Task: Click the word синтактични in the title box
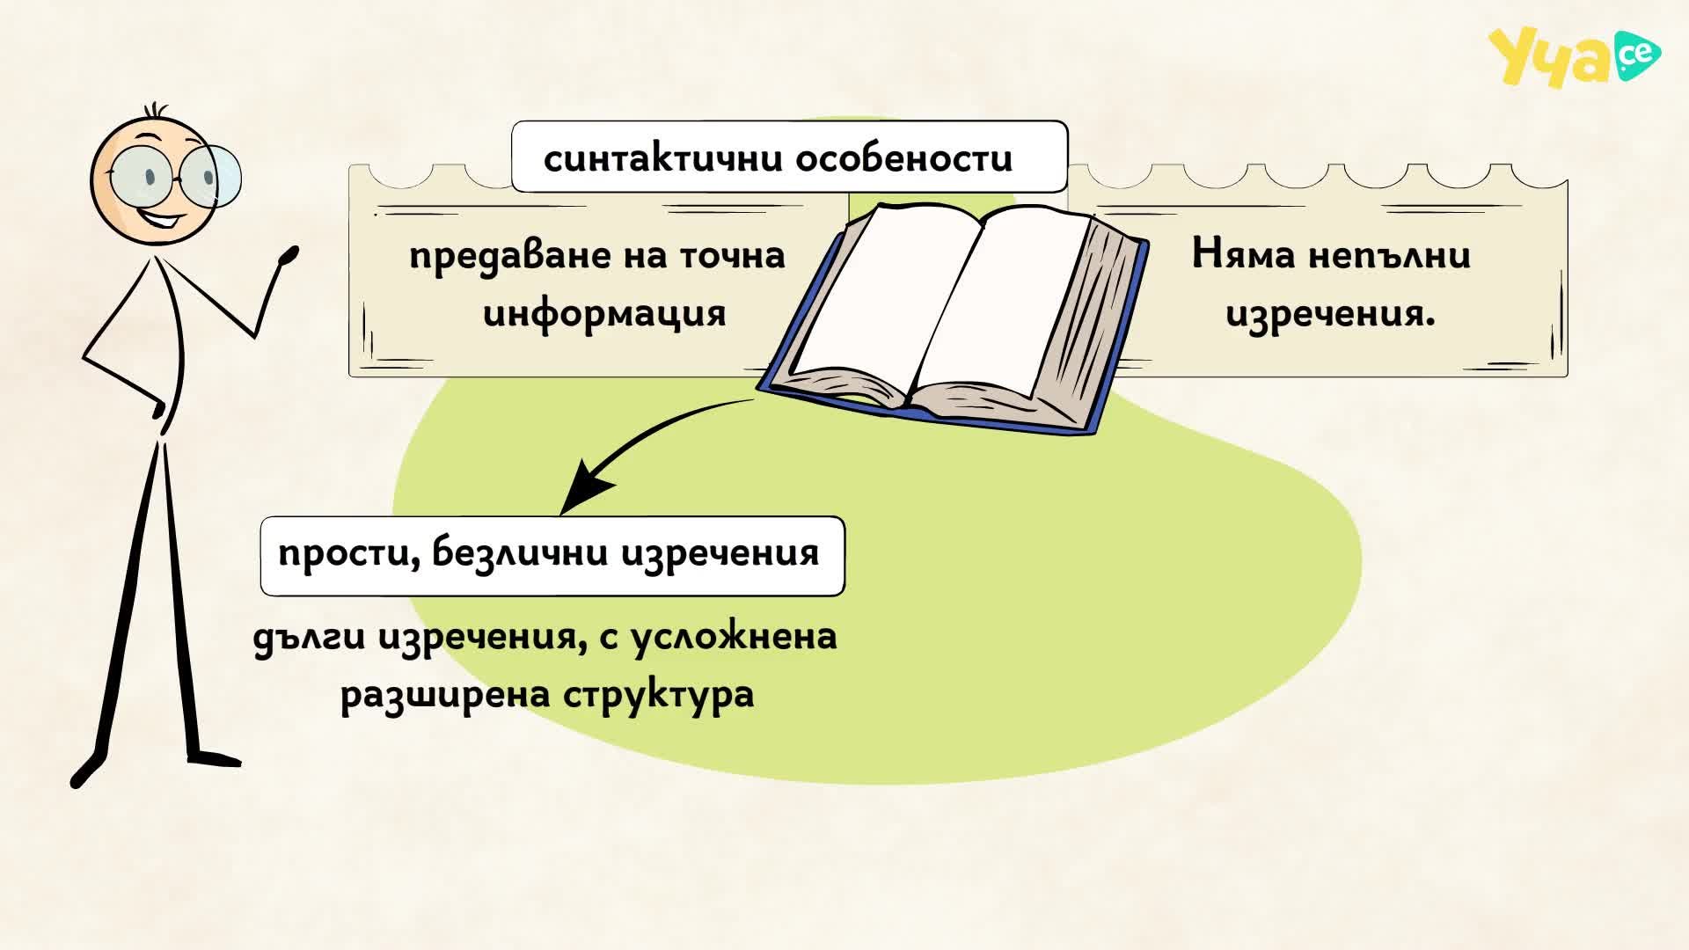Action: coord(663,159)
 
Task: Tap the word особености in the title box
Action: coord(904,158)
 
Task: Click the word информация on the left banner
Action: coord(604,313)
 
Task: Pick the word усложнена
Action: coord(734,637)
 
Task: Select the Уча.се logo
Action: coord(1574,56)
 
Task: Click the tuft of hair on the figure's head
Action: coord(157,111)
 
